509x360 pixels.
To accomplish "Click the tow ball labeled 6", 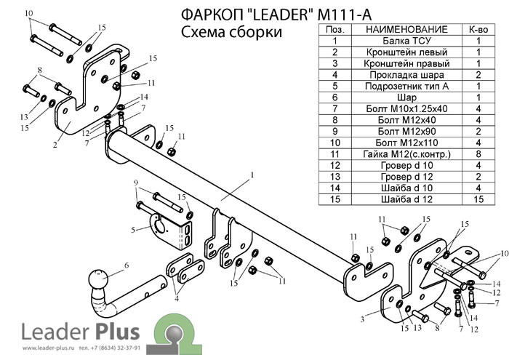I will click(x=97, y=280).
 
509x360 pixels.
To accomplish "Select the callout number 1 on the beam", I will click(x=250, y=175).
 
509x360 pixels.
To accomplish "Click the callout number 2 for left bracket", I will click(x=55, y=145).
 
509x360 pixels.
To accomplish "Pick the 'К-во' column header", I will click(x=479, y=29).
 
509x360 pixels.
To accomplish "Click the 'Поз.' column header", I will click(x=335, y=29).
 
